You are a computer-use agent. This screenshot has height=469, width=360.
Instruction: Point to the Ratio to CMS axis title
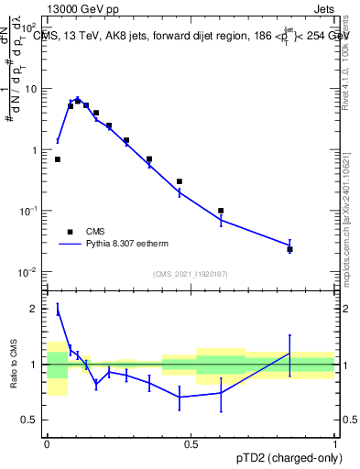tap(15, 364)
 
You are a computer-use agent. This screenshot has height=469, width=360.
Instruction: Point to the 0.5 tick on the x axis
tap(191, 443)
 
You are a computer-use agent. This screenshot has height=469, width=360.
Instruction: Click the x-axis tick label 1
tap(335, 443)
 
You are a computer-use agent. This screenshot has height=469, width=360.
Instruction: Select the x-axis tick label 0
tap(47, 443)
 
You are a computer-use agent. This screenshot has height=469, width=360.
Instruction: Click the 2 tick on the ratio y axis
tap(35, 309)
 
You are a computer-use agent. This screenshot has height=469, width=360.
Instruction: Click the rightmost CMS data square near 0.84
tap(289, 249)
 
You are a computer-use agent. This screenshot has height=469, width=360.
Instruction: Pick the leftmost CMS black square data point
tap(58, 159)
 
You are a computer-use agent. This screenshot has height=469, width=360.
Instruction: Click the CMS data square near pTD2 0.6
tap(221, 211)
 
